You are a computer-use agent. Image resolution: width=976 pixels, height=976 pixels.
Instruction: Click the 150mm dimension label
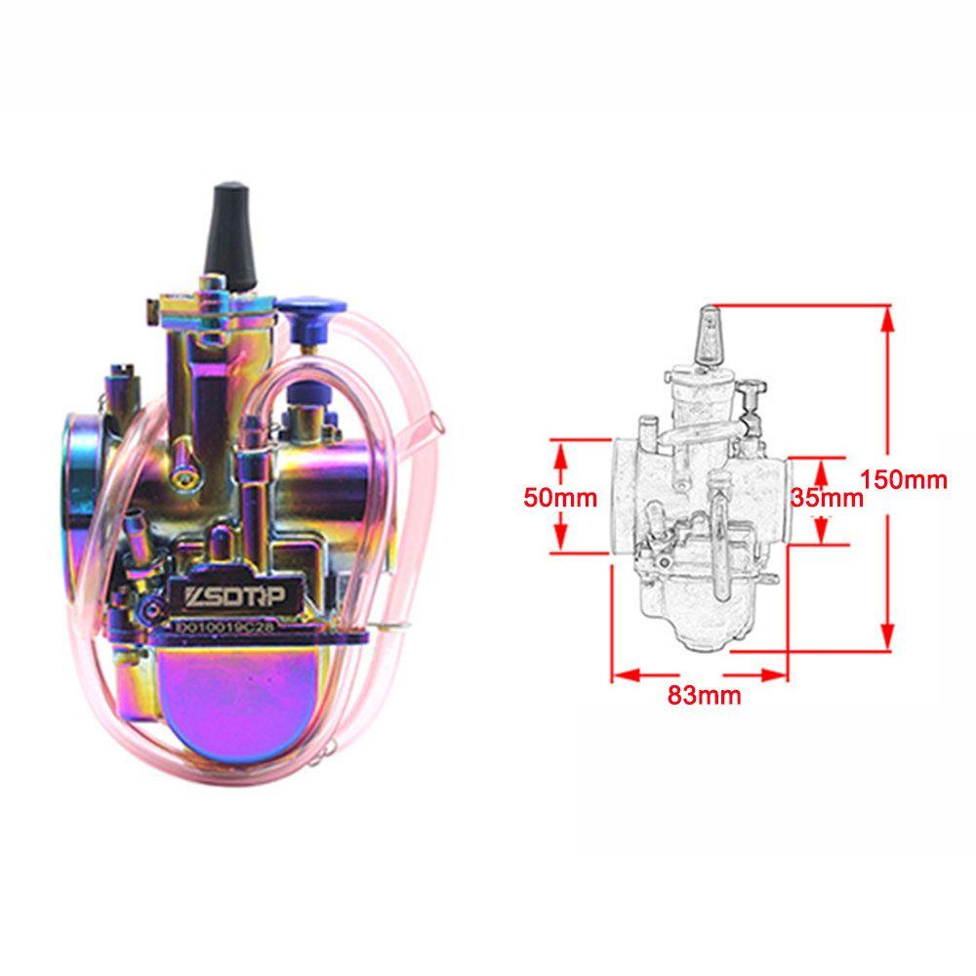(x=905, y=479)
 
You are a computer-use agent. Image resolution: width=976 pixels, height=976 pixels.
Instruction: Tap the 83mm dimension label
(x=704, y=695)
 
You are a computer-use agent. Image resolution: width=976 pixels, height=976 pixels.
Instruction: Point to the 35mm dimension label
(x=828, y=497)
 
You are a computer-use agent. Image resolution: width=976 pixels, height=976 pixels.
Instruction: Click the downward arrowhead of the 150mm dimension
(x=886, y=640)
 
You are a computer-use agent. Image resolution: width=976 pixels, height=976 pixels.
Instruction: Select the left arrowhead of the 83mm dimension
(x=621, y=673)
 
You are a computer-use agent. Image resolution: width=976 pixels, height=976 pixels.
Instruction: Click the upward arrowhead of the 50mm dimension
(x=560, y=450)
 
